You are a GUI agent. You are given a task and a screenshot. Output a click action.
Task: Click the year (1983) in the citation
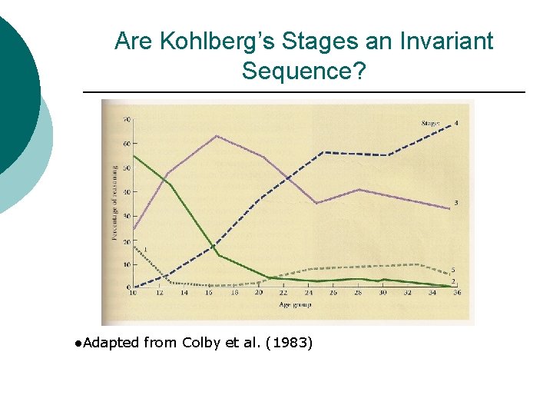pyautogui.click(x=288, y=343)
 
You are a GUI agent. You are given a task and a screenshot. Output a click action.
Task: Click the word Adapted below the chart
pyautogui.click(x=111, y=343)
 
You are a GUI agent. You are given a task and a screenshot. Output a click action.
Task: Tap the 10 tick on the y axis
pyautogui.click(x=126, y=264)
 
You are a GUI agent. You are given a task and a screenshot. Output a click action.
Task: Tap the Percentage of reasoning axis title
pyautogui.click(x=114, y=204)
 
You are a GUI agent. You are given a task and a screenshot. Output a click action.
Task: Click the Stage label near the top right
pyautogui.click(x=431, y=124)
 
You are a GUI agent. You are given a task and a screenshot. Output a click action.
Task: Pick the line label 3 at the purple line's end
pyautogui.click(x=456, y=203)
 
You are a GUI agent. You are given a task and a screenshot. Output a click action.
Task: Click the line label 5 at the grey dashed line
pyautogui.click(x=454, y=271)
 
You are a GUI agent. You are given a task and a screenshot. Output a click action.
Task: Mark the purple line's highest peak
pyautogui.click(x=217, y=136)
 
